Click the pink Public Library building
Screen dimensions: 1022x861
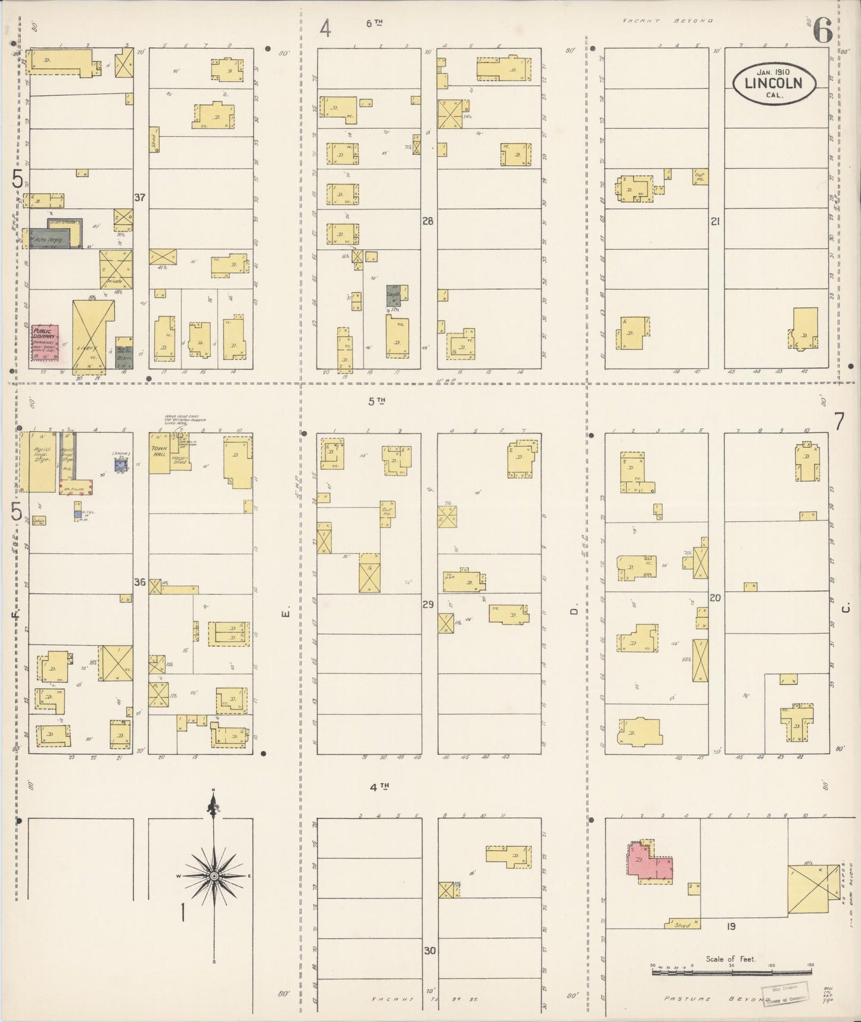(x=45, y=342)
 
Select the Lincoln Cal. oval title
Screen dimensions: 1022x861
(x=775, y=85)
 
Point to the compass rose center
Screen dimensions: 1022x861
(x=213, y=875)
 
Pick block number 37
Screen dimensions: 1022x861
(x=139, y=197)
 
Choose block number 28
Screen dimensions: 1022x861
(x=427, y=221)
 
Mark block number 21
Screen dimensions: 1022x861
(x=716, y=221)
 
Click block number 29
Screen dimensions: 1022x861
(x=428, y=605)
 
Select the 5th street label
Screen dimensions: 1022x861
(x=375, y=401)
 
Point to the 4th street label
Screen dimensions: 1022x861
(x=378, y=787)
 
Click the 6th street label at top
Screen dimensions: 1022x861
(x=374, y=23)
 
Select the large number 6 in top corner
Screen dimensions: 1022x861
(x=822, y=30)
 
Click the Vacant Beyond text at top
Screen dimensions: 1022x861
(x=667, y=20)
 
